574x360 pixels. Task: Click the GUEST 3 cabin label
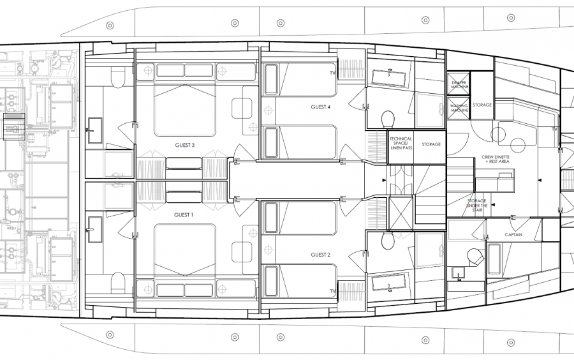pos(184,145)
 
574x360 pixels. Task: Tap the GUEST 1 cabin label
pos(184,215)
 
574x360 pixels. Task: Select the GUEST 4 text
pos(320,107)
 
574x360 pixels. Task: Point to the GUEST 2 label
pos(320,254)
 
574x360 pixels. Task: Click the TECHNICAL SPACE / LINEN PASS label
pos(401,144)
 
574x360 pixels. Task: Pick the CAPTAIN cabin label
pos(514,234)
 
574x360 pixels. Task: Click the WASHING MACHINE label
pos(459,108)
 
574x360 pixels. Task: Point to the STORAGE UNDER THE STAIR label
pos(477,204)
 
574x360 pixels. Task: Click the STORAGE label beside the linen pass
pos(431,144)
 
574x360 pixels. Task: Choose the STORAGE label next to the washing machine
pos(482,105)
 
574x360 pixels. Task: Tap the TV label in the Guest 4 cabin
pos(332,73)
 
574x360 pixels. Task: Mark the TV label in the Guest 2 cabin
pos(332,291)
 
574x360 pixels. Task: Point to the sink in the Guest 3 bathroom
pos(95,130)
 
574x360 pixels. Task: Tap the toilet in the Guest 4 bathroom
pos(387,119)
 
